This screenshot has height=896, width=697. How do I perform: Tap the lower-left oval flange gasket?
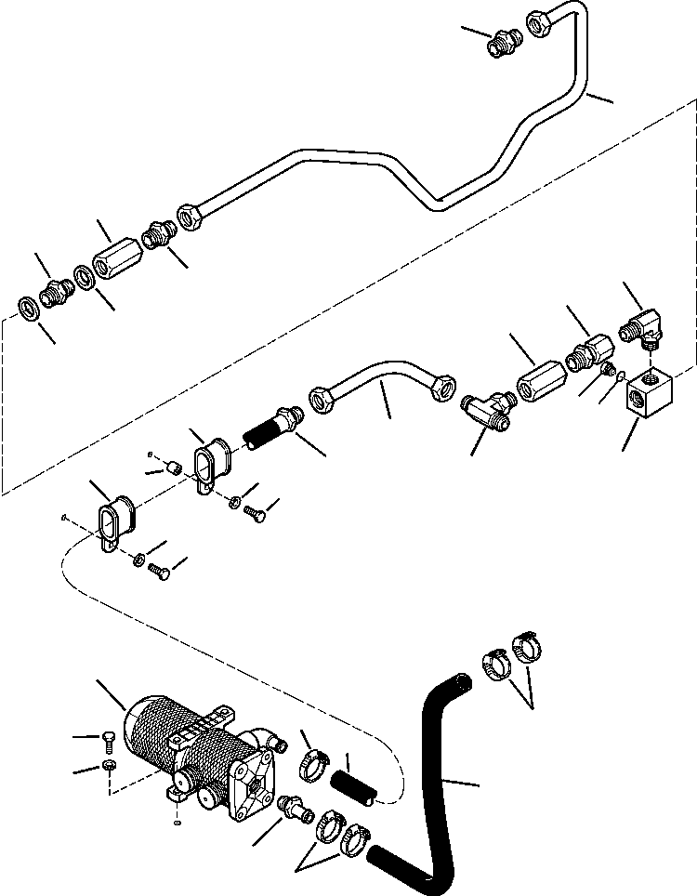(x=115, y=520)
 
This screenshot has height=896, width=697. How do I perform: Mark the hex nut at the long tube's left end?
(x=191, y=216)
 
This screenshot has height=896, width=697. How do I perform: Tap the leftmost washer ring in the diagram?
(x=29, y=306)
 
